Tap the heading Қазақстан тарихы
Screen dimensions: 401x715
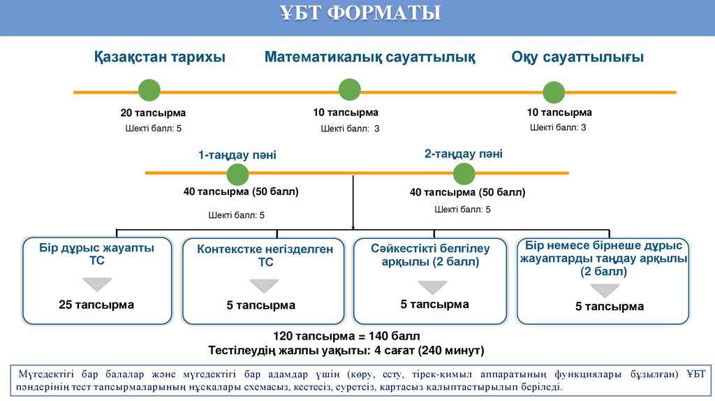[x=160, y=57]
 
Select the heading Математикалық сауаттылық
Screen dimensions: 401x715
[x=369, y=57]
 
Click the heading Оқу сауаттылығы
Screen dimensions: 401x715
[x=577, y=57]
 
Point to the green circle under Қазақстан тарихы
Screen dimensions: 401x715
[x=149, y=91]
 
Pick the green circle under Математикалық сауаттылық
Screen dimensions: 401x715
[x=349, y=90]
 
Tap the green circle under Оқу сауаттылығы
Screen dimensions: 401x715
[x=554, y=93]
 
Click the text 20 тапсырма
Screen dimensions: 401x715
[x=153, y=113]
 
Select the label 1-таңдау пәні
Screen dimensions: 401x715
[x=237, y=155]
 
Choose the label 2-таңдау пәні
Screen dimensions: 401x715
[x=464, y=154]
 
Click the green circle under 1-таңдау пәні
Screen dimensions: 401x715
[x=237, y=175]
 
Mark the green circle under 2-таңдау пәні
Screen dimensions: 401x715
[x=464, y=174]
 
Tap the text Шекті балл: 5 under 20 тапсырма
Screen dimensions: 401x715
[x=154, y=129]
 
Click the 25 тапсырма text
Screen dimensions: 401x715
[x=96, y=305]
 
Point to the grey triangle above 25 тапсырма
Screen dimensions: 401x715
[x=96, y=284]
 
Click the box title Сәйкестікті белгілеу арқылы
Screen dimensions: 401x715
[x=430, y=255]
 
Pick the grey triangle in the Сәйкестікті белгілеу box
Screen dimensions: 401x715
[x=433, y=287]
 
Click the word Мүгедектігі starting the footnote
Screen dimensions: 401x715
[x=44, y=374]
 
